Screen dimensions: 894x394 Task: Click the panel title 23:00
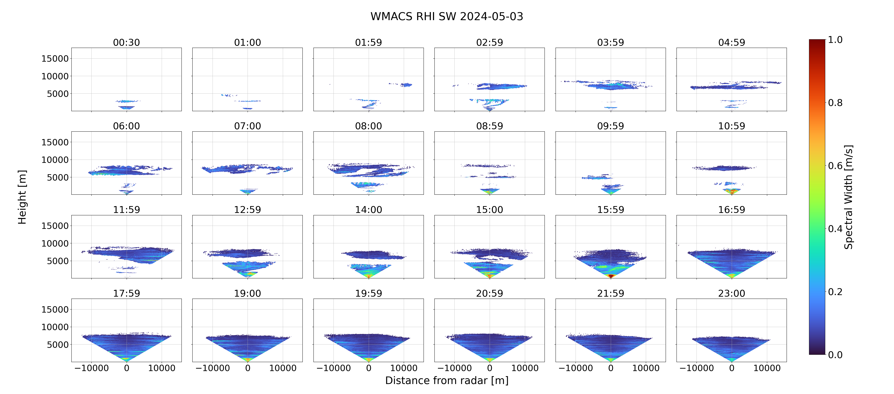[x=732, y=293]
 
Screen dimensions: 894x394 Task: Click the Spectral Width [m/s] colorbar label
[x=848, y=197]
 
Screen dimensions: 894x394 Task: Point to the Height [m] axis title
[x=22, y=197]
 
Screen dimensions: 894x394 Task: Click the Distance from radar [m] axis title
[x=447, y=381]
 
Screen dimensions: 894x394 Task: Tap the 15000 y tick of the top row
[x=55, y=59]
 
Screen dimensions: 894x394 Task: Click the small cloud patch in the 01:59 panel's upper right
[x=405, y=85]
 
